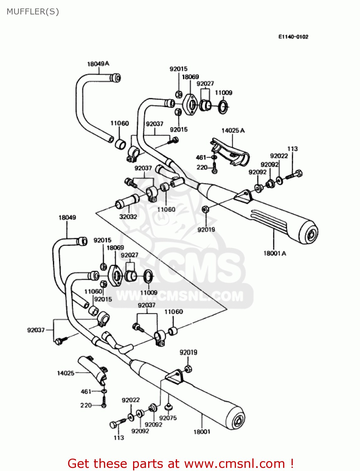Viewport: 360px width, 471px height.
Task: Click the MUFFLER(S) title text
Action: (33, 12)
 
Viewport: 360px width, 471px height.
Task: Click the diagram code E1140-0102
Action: (293, 37)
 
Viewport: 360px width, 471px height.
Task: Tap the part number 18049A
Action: (98, 64)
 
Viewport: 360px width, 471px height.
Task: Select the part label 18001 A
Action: (275, 253)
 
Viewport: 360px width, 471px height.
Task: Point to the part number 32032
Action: (128, 217)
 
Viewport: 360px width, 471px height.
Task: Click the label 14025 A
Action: (233, 131)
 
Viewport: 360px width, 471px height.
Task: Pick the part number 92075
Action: (168, 418)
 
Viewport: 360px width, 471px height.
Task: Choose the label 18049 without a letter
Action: (67, 217)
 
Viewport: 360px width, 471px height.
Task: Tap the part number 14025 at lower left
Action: (66, 373)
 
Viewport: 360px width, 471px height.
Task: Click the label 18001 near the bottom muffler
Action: (202, 432)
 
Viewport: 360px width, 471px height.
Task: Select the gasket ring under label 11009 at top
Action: (223, 107)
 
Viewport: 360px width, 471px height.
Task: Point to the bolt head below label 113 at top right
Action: (299, 173)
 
